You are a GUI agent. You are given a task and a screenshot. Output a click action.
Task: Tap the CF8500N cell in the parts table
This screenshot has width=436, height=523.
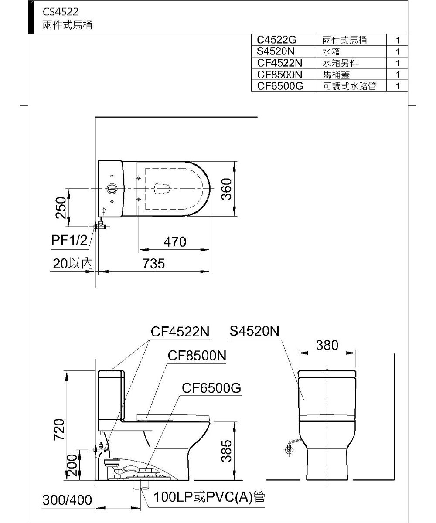280,75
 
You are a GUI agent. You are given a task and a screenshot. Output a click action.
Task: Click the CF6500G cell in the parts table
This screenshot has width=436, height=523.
280,86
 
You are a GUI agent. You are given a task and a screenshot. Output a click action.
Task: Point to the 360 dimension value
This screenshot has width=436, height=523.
226,189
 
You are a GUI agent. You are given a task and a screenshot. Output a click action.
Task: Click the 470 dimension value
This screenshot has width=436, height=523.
174,242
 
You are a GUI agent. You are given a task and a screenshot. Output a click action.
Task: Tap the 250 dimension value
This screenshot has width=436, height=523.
61,207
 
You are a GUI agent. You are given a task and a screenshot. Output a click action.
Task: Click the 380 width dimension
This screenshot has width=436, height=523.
327,345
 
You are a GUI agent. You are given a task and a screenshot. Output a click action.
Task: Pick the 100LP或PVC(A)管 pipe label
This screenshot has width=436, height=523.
210,497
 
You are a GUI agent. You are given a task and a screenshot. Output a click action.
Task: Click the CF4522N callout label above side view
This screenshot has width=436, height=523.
180,332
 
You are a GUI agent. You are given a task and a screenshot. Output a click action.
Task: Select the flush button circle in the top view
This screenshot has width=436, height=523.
112,189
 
